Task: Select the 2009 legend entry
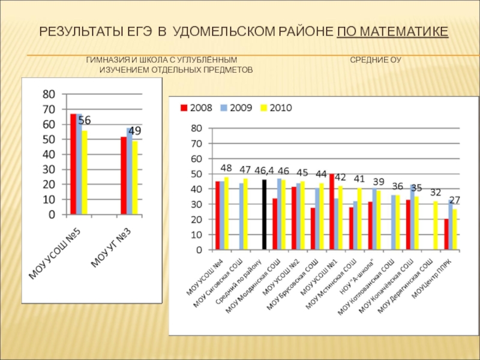tap(239, 109)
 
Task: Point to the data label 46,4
tap(265, 171)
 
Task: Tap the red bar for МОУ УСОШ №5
tap(73, 164)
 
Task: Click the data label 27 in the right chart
tap(454, 200)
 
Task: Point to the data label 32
tap(436, 193)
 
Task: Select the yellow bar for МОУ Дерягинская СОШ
tap(436, 225)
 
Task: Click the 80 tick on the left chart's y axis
tap(48, 94)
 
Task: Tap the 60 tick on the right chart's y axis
tap(197, 158)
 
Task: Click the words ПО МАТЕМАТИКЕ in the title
tap(392, 31)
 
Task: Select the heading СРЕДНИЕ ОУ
tap(376, 61)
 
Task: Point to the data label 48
tap(226, 168)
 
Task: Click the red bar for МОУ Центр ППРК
tap(446, 234)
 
